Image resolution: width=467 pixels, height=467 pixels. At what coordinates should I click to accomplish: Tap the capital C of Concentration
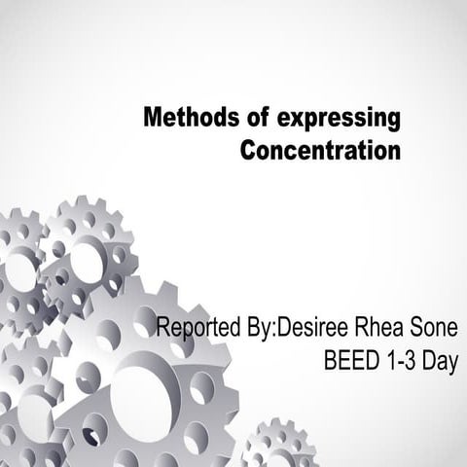248,152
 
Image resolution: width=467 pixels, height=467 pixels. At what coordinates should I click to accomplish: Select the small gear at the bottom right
277,449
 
